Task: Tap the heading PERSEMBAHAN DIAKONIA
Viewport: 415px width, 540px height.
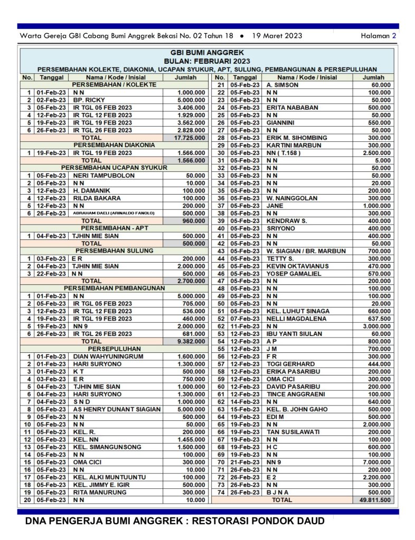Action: pyautogui.click(x=114, y=145)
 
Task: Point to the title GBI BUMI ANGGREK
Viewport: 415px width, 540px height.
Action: pyautogui.click(x=207, y=53)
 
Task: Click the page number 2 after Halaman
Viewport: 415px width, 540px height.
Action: pyautogui.click(x=394, y=36)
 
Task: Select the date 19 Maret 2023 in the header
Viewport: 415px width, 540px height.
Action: pyautogui.click(x=277, y=36)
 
